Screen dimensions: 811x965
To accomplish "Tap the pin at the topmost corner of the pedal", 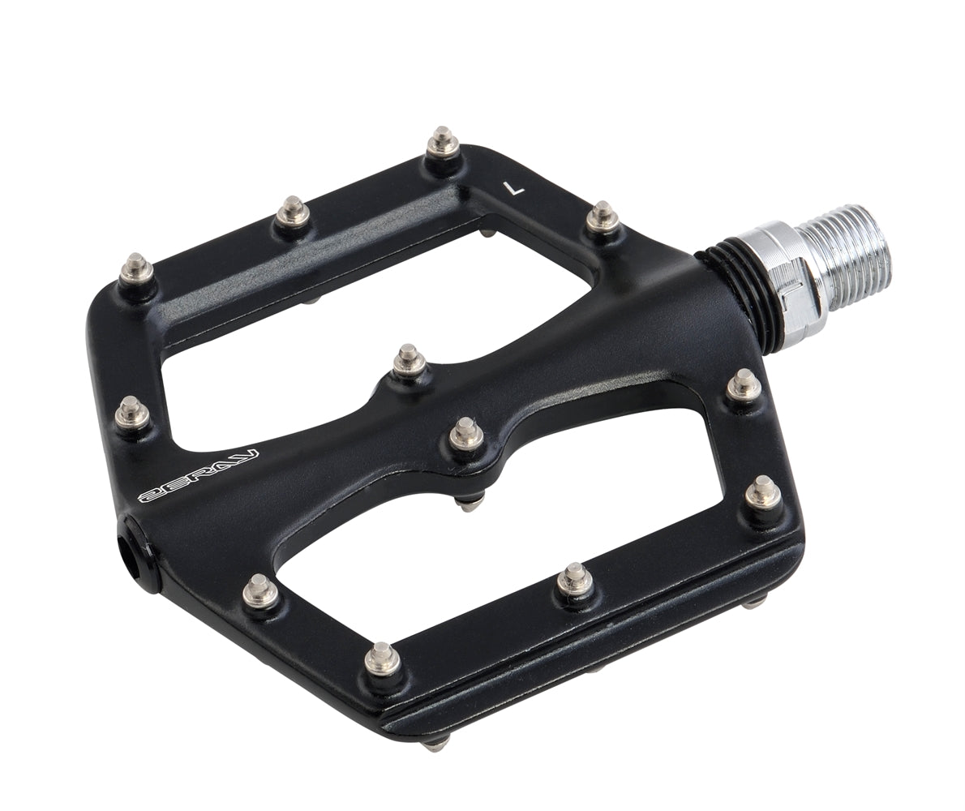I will [443, 144].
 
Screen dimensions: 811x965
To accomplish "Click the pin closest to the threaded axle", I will [602, 217].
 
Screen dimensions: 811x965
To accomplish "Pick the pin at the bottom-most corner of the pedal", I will [383, 658].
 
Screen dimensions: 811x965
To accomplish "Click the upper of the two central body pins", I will [409, 361].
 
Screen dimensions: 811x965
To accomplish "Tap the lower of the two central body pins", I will [465, 433].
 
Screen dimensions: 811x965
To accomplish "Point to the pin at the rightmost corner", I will [762, 491].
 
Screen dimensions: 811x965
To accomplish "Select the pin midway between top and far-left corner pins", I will [292, 212].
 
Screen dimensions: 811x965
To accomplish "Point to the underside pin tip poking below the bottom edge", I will [437, 743].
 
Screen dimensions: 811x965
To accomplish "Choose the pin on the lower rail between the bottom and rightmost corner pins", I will [574, 579].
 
